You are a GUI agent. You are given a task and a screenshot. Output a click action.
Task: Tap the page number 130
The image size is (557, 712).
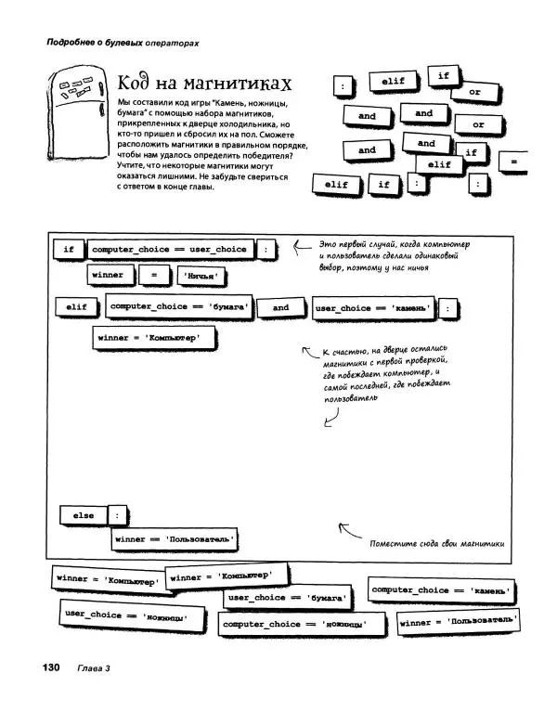pos(49,667)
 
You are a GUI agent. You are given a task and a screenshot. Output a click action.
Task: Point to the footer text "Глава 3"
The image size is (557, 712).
pos(94,668)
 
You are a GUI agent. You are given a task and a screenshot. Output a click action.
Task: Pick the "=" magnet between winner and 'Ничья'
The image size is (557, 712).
pos(154,275)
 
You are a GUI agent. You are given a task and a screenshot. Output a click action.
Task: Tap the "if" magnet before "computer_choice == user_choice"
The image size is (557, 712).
pos(69,249)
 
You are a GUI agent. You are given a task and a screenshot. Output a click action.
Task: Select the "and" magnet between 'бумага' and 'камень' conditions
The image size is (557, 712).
pos(280,307)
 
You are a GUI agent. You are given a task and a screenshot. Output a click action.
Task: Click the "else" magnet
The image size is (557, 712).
pos(83,515)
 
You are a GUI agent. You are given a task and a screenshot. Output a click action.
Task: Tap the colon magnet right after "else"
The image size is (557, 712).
pos(117,515)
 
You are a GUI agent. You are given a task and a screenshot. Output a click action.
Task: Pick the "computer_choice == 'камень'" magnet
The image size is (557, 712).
pos(442,589)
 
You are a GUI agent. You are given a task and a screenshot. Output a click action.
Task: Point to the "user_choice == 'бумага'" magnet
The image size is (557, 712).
pos(287,599)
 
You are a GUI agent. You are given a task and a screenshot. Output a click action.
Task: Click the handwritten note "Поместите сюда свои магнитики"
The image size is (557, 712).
pos(434,544)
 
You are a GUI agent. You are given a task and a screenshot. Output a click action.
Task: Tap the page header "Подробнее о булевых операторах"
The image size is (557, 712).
pos(110,42)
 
